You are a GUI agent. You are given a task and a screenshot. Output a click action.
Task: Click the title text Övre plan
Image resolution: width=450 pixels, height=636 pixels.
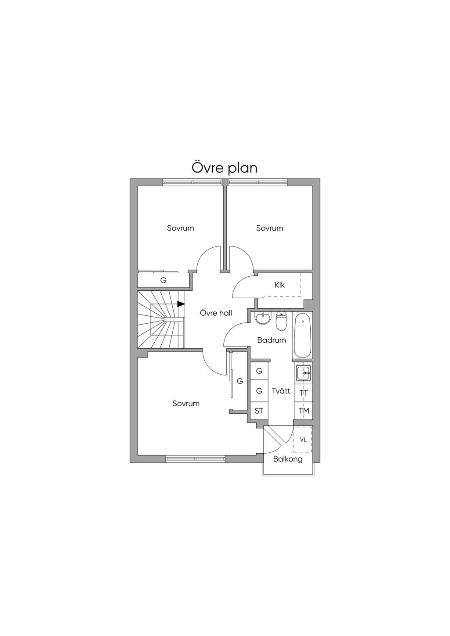tap(224, 168)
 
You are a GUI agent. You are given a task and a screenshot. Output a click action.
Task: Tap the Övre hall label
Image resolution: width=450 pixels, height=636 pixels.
tap(216, 313)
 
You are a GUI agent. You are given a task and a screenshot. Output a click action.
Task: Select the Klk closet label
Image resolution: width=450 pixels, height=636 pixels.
tap(279, 285)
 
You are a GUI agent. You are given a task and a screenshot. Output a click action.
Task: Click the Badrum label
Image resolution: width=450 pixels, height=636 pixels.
tap(272, 340)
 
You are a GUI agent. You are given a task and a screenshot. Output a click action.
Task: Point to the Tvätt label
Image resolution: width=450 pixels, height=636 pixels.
tap(281, 390)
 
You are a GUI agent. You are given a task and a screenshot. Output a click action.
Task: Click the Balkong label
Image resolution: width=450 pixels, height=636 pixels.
tap(288, 459)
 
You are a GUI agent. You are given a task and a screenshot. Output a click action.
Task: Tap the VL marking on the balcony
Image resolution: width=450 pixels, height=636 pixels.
tap(303, 440)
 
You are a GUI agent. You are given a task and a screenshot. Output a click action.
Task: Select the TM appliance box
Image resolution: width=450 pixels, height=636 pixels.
tap(304, 411)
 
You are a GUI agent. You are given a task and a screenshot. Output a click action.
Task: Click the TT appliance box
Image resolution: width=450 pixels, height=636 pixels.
tap(304, 393)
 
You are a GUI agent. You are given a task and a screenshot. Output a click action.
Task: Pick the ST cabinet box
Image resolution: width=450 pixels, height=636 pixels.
tap(259, 411)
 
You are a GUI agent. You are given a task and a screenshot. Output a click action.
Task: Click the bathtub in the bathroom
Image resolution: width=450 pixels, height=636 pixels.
tap(303, 336)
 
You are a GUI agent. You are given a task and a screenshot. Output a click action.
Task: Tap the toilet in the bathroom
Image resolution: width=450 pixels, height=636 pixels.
tap(281, 321)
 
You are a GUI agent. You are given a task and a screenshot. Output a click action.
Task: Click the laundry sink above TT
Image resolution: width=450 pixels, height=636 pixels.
tap(303, 373)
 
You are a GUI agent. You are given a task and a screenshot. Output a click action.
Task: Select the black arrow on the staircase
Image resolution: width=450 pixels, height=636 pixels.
tap(181, 304)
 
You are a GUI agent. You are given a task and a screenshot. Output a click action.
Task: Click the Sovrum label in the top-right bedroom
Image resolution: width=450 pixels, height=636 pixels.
tap(269, 228)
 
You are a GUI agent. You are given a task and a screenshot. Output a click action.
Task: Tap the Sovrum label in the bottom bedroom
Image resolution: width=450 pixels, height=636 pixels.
tap(186, 403)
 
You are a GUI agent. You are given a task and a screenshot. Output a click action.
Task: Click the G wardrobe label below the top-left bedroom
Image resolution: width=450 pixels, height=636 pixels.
tap(163, 280)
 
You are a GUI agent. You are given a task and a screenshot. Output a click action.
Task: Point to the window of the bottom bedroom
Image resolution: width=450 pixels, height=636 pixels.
tap(196, 459)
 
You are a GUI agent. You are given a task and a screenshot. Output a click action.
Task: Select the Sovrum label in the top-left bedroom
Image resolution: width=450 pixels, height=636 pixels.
tap(180, 228)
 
